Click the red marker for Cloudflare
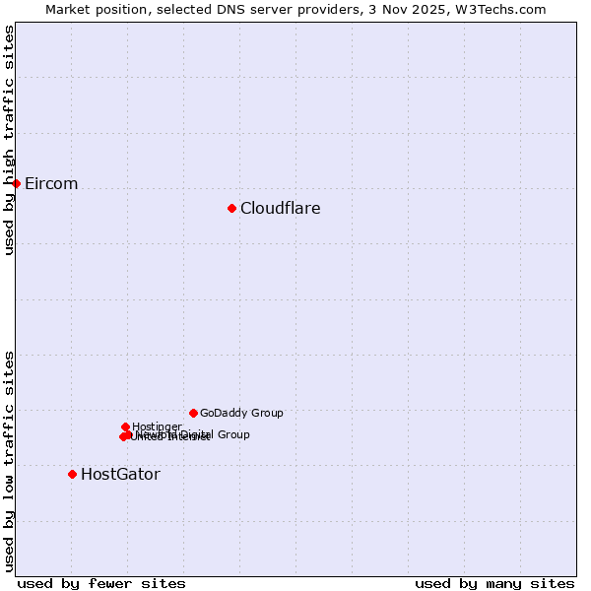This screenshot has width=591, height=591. click(231, 208)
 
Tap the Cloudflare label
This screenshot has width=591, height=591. click(280, 208)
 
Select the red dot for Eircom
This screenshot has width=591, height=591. click(16, 183)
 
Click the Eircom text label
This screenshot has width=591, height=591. click(51, 184)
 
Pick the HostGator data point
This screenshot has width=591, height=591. click(72, 474)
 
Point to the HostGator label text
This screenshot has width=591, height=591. click(120, 475)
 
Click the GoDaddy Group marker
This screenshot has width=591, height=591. click(193, 413)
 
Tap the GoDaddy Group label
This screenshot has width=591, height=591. click(241, 414)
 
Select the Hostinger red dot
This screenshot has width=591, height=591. click(125, 427)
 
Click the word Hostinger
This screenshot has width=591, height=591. click(157, 427)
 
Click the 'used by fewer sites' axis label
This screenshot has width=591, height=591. click(101, 583)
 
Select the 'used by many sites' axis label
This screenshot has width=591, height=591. click(494, 583)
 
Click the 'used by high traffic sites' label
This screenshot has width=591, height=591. click(9, 140)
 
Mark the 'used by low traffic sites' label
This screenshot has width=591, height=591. click(9, 461)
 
